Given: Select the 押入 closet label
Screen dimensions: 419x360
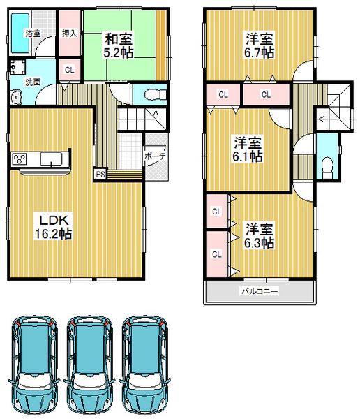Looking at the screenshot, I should (x=68, y=33).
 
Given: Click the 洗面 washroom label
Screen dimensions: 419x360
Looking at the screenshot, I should (x=32, y=82).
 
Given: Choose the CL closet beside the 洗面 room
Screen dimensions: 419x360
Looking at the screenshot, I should (x=68, y=69).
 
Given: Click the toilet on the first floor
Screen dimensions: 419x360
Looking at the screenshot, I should (x=152, y=93).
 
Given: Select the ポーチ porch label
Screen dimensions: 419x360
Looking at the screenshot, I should (x=156, y=157).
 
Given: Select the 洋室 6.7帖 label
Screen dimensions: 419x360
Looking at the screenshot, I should (x=258, y=44).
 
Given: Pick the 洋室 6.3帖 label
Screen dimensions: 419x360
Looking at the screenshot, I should (x=258, y=235).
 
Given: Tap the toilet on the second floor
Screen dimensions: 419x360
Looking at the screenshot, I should (x=326, y=164).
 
